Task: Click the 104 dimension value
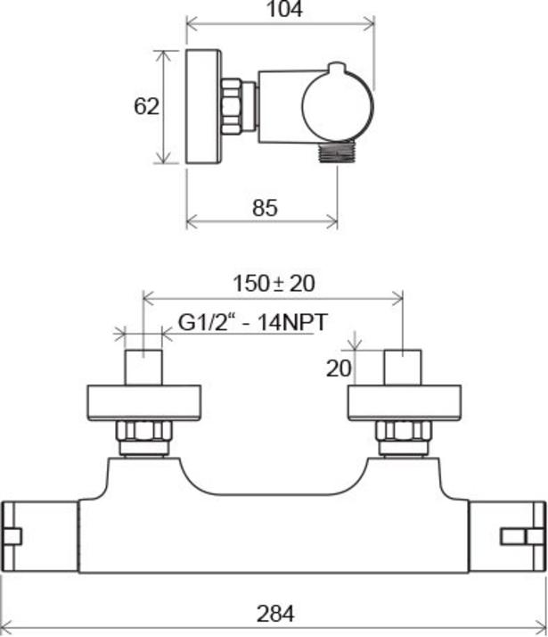[284, 9]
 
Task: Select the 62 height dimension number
[146, 106]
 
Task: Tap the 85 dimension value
[265, 208]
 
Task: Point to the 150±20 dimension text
[274, 284]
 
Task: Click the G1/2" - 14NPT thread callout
[252, 323]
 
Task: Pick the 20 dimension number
[339, 368]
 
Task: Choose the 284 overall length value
[275, 614]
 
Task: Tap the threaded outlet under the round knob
[337, 152]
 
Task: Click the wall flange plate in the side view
[204, 107]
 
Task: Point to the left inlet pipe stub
[143, 368]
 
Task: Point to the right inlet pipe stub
[403, 368]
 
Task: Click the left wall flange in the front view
[144, 402]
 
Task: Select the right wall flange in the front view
[404, 402]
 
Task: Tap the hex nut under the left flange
[144, 431]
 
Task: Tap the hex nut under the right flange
[403, 431]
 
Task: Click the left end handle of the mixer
[40, 537]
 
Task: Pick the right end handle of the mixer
[507, 537]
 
